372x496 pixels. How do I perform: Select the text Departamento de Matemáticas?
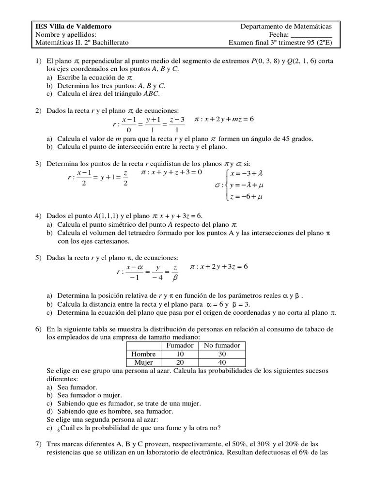point(286,26)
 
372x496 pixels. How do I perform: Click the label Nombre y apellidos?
point(66,34)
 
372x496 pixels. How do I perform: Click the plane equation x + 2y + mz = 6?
point(224,119)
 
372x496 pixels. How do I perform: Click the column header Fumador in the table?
point(180,345)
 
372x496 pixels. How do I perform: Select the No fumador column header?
point(222,345)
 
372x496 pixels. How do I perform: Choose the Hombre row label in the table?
point(144,354)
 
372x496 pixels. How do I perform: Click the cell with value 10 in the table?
point(180,354)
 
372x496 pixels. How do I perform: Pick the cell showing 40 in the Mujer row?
point(222,362)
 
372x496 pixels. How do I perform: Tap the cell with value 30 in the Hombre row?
point(222,354)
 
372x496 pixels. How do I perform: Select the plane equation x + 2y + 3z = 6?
point(218,267)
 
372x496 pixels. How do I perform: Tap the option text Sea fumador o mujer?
point(90,395)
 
